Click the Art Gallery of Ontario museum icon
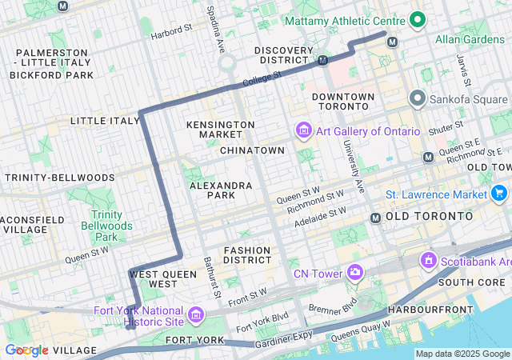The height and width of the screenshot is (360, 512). click(303, 131)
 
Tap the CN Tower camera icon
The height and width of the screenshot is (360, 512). click(354, 274)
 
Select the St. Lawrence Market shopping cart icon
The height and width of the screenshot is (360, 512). click(499, 194)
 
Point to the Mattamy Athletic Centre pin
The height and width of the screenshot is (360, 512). click(417, 19)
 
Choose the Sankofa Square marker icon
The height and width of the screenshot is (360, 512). click(416, 99)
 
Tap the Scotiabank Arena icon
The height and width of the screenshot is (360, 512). click(428, 261)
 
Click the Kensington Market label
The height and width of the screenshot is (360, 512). click(220, 131)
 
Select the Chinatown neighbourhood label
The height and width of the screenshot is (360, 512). click(252, 150)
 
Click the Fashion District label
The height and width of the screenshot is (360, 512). click(248, 255)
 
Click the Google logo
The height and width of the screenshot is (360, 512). click(26, 350)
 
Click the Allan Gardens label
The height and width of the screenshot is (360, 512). click(473, 38)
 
